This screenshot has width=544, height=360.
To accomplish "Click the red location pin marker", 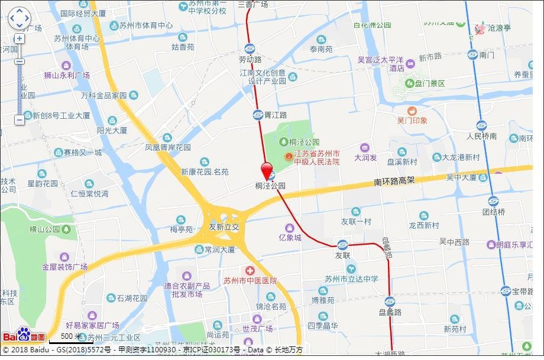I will [x=267, y=170].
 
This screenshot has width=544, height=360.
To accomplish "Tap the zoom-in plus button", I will [x=20, y=38].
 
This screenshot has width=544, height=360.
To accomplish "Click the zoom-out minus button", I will [x=20, y=120].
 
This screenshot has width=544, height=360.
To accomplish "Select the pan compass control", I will [x=19, y=18].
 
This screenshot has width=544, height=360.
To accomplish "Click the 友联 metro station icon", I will [x=342, y=245].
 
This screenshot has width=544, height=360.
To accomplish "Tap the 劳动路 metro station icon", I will [x=250, y=49].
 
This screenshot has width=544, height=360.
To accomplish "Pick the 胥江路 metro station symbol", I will [x=258, y=115].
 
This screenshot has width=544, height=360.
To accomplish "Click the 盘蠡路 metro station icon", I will [x=390, y=301].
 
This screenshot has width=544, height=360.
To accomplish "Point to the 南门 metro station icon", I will [x=472, y=55].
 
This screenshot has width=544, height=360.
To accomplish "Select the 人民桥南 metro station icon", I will [x=481, y=126].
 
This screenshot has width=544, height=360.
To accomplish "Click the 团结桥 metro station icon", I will [x=493, y=201].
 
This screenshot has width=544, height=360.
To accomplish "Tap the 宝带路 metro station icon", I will [x=506, y=291].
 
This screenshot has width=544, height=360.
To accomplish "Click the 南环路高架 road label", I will [x=394, y=180].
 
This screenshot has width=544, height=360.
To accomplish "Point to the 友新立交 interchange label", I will [x=224, y=227].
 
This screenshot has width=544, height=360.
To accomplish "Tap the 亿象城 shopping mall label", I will [x=290, y=238].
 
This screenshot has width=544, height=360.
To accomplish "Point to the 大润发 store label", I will [x=365, y=157].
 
